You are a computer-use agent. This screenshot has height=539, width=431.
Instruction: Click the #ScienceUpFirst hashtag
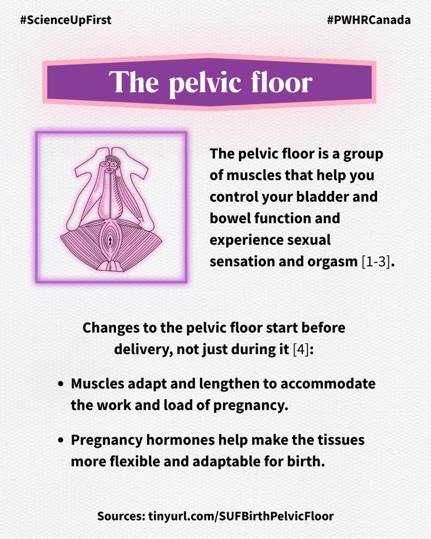(66, 20)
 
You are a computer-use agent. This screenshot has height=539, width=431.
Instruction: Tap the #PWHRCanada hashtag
(369, 20)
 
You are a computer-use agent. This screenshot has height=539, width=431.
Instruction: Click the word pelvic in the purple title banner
(205, 83)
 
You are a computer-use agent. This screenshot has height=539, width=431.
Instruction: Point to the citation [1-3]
(376, 261)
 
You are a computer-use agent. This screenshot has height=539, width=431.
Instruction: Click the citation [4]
(301, 350)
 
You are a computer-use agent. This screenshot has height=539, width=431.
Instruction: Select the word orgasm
(333, 262)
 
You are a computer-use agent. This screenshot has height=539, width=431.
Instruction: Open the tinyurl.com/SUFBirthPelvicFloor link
(241, 516)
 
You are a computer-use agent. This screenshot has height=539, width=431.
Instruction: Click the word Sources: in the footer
(121, 516)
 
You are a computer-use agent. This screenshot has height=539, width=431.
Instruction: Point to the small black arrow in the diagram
(110, 241)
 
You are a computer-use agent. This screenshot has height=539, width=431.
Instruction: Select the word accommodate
(328, 384)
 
